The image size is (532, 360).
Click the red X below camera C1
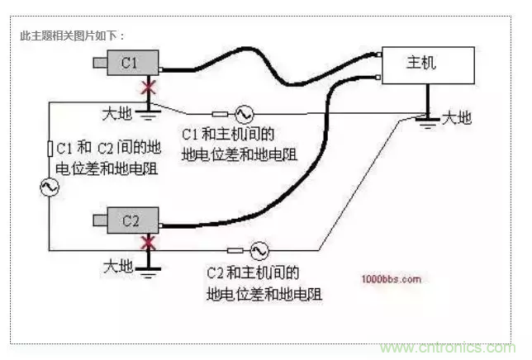point(150,87)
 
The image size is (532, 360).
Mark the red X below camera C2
point(150,243)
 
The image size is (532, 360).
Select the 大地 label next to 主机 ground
point(457,117)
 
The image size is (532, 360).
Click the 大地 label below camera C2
point(117,266)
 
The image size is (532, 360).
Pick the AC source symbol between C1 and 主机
point(245,114)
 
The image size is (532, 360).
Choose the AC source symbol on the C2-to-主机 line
point(258,249)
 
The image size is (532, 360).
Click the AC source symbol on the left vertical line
point(49,188)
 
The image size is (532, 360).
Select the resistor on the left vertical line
point(49,149)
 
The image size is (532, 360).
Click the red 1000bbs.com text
point(391,279)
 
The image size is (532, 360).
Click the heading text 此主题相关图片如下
point(72,36)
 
